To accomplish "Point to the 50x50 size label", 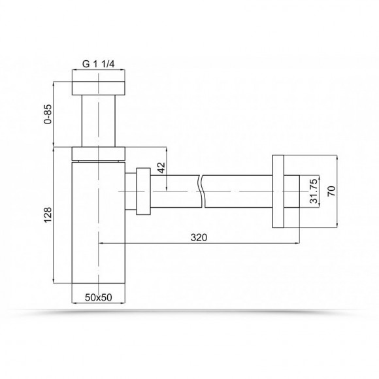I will tap(98, 297).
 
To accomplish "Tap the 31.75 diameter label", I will tap(314, 191).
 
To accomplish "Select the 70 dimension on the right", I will tap(331, 193).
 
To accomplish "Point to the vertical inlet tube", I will tap(99, 121).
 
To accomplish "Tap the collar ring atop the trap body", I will tap(99, 153).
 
